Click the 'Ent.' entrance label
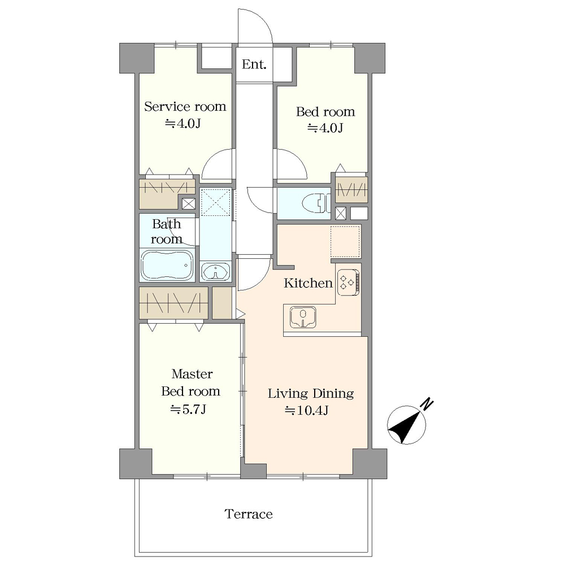point(254,64)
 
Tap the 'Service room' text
point(185,107)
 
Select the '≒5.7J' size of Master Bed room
point(188,409)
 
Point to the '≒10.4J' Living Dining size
point(307,410)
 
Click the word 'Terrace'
point(249,514)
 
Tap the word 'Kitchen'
point(308,283)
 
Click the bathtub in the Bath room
point(167,265)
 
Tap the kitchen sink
point(303,317)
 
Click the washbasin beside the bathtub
point(215,271)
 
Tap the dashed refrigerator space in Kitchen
point(345,241)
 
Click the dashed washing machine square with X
point(215,203)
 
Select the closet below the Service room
point(167,193)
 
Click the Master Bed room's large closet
point(173,303)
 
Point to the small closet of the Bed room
point(351,189)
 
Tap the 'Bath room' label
point(166,232)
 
